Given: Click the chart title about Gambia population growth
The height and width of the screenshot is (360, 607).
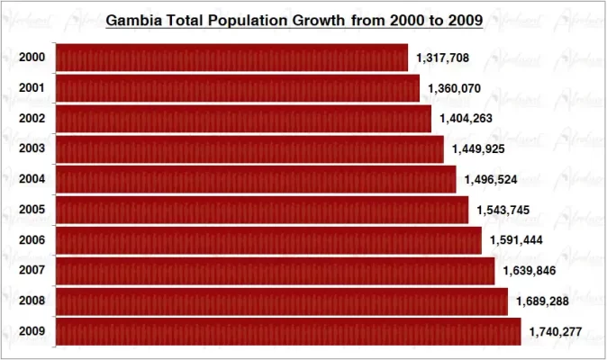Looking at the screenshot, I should tap(294, 19).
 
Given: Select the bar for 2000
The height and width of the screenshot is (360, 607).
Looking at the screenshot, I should tap(231, 58).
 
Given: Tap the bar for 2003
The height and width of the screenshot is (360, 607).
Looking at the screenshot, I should tap(249, 148).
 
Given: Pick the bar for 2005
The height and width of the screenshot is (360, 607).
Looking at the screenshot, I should tap(262, 210).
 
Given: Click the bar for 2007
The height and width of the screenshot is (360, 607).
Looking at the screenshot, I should tap(275, 271).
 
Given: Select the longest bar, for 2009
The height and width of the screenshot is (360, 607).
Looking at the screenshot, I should tap(288, 331).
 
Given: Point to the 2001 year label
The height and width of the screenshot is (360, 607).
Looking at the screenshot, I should tap(32, 88).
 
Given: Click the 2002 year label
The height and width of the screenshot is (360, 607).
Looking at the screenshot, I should tap(32, 118).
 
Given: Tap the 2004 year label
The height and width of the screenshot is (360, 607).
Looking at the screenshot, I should tap(32, 179).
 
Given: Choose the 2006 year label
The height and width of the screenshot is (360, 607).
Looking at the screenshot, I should tap(32, 240).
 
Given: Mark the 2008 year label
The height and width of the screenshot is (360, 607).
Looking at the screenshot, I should tap(32, 301).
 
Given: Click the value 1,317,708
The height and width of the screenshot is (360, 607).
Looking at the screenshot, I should tap(442, 58).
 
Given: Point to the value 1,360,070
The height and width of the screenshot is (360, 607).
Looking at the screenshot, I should tap(454, 88).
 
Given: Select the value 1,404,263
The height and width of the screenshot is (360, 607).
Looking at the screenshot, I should tap(466, 119).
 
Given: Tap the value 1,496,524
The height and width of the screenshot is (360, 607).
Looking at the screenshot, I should tap(491, 179).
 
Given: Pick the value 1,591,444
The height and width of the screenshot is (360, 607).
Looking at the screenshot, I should tap(516, 240).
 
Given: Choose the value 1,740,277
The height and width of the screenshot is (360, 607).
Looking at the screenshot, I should tap(555, 332).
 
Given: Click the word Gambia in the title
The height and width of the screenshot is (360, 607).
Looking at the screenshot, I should tap(134, 19).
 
